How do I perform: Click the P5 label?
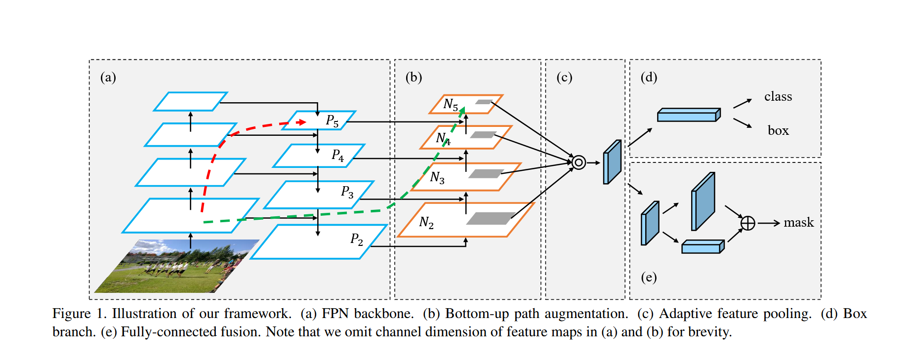(332, 121)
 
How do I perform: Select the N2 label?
(426, 223)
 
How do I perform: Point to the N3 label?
(437, 177)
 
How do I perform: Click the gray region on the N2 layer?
(491, 218)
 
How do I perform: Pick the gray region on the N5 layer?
(484, 102)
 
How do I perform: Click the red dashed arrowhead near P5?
(301, 122)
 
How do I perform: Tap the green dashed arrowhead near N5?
(462, 111)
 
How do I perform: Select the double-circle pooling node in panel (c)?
(579, 162)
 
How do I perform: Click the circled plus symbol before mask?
(748, 223)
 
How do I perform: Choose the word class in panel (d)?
(778, 96)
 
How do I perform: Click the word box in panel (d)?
(778, 130)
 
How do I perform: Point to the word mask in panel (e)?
(798, 223)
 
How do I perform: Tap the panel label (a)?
(108, 77)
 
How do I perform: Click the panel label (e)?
(649, 277)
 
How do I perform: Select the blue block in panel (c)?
(612, 162)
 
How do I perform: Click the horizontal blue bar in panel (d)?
(688, 115)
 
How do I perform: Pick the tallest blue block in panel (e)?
(703, 201)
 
